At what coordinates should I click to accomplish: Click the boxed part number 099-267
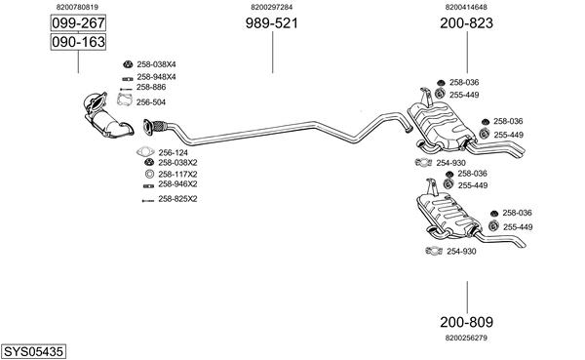tap(78, 23)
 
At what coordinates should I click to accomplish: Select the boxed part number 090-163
tap(78, 42)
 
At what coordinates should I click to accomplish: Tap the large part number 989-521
tap(272, 23)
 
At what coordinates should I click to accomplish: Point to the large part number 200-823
tap(466, 23)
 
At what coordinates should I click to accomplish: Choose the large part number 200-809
tap(466, 322)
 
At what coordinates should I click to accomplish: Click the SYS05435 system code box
tap(33, 351)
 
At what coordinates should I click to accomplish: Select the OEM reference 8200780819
tap(77, 7)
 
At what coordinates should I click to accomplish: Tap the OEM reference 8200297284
tap(272, 7)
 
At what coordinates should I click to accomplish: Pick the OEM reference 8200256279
tap(466, 338)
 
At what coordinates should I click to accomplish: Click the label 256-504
tap(151, 102)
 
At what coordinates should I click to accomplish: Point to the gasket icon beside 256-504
tap(124, 100)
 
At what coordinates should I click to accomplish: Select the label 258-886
tap(151, 87)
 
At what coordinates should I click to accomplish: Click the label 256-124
tap(174, 153)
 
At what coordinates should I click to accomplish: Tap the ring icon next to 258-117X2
tap(149, 174)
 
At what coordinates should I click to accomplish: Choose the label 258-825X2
tap(177, 199)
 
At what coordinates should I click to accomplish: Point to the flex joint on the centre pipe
tap(159, 126)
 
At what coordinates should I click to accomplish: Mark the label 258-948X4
tap(156, 77)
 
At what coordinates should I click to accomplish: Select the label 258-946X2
tap(177, 184)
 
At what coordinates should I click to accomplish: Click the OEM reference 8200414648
tap(466, 7)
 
